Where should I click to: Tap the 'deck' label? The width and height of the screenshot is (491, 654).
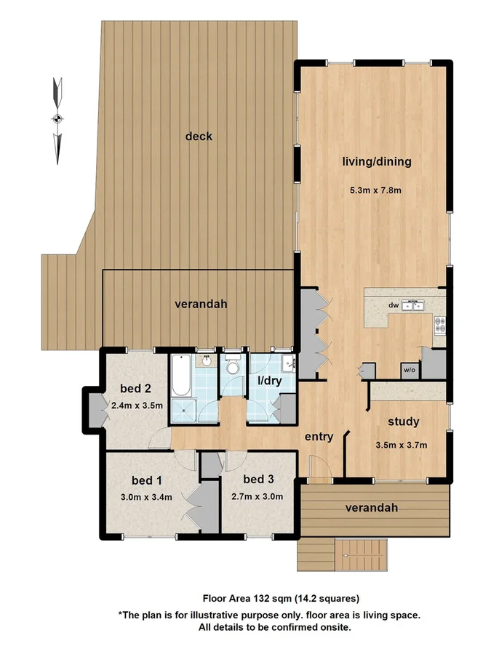199,136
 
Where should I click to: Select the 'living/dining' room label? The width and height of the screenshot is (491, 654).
376,161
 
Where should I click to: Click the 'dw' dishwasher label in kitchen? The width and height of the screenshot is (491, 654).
393,306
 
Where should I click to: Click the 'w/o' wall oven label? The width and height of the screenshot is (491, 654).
409,371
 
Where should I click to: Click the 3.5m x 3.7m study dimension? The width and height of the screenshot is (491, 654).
400,445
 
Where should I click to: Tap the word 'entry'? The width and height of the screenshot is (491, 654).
319,437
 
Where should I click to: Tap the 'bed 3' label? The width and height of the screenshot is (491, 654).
258,479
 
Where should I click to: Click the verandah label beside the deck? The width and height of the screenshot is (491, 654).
201,304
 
